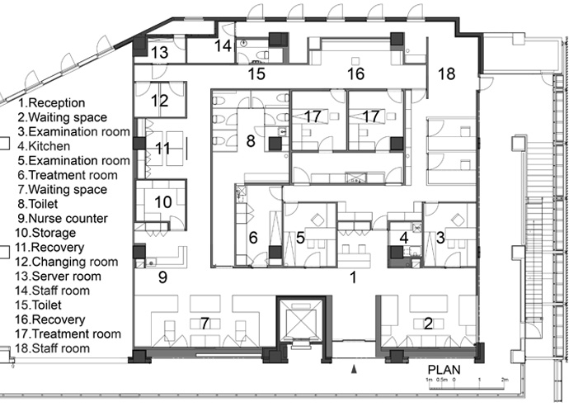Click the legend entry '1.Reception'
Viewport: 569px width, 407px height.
click(51, 103)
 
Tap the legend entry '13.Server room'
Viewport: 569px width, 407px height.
click(58, 277)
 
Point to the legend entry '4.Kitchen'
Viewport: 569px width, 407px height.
click(44, 146)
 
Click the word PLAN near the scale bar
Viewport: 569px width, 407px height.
click(444, 370)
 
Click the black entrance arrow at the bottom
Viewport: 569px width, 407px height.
click(355, 370)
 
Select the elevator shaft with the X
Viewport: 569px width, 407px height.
click(299, 321)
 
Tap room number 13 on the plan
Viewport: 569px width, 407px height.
click(160, 52)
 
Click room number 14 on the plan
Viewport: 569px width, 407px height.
click(223, 46)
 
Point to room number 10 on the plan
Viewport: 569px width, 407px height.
click(163, 202)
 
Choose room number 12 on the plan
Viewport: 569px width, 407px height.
click(160, 101)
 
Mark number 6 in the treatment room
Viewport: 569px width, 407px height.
click(253, 238)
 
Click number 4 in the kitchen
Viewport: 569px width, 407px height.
click(404, 238)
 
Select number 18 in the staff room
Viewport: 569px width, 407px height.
click(446, 73)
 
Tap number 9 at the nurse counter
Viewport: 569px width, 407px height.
click(163, 277)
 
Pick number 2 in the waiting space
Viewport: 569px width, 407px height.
click(429, 324)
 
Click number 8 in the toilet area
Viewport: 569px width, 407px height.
click(251, 141)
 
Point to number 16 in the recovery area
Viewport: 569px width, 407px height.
click(355, 73)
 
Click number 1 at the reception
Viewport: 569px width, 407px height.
click(353, 278)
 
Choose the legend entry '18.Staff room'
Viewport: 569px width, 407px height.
click(52, 348)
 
